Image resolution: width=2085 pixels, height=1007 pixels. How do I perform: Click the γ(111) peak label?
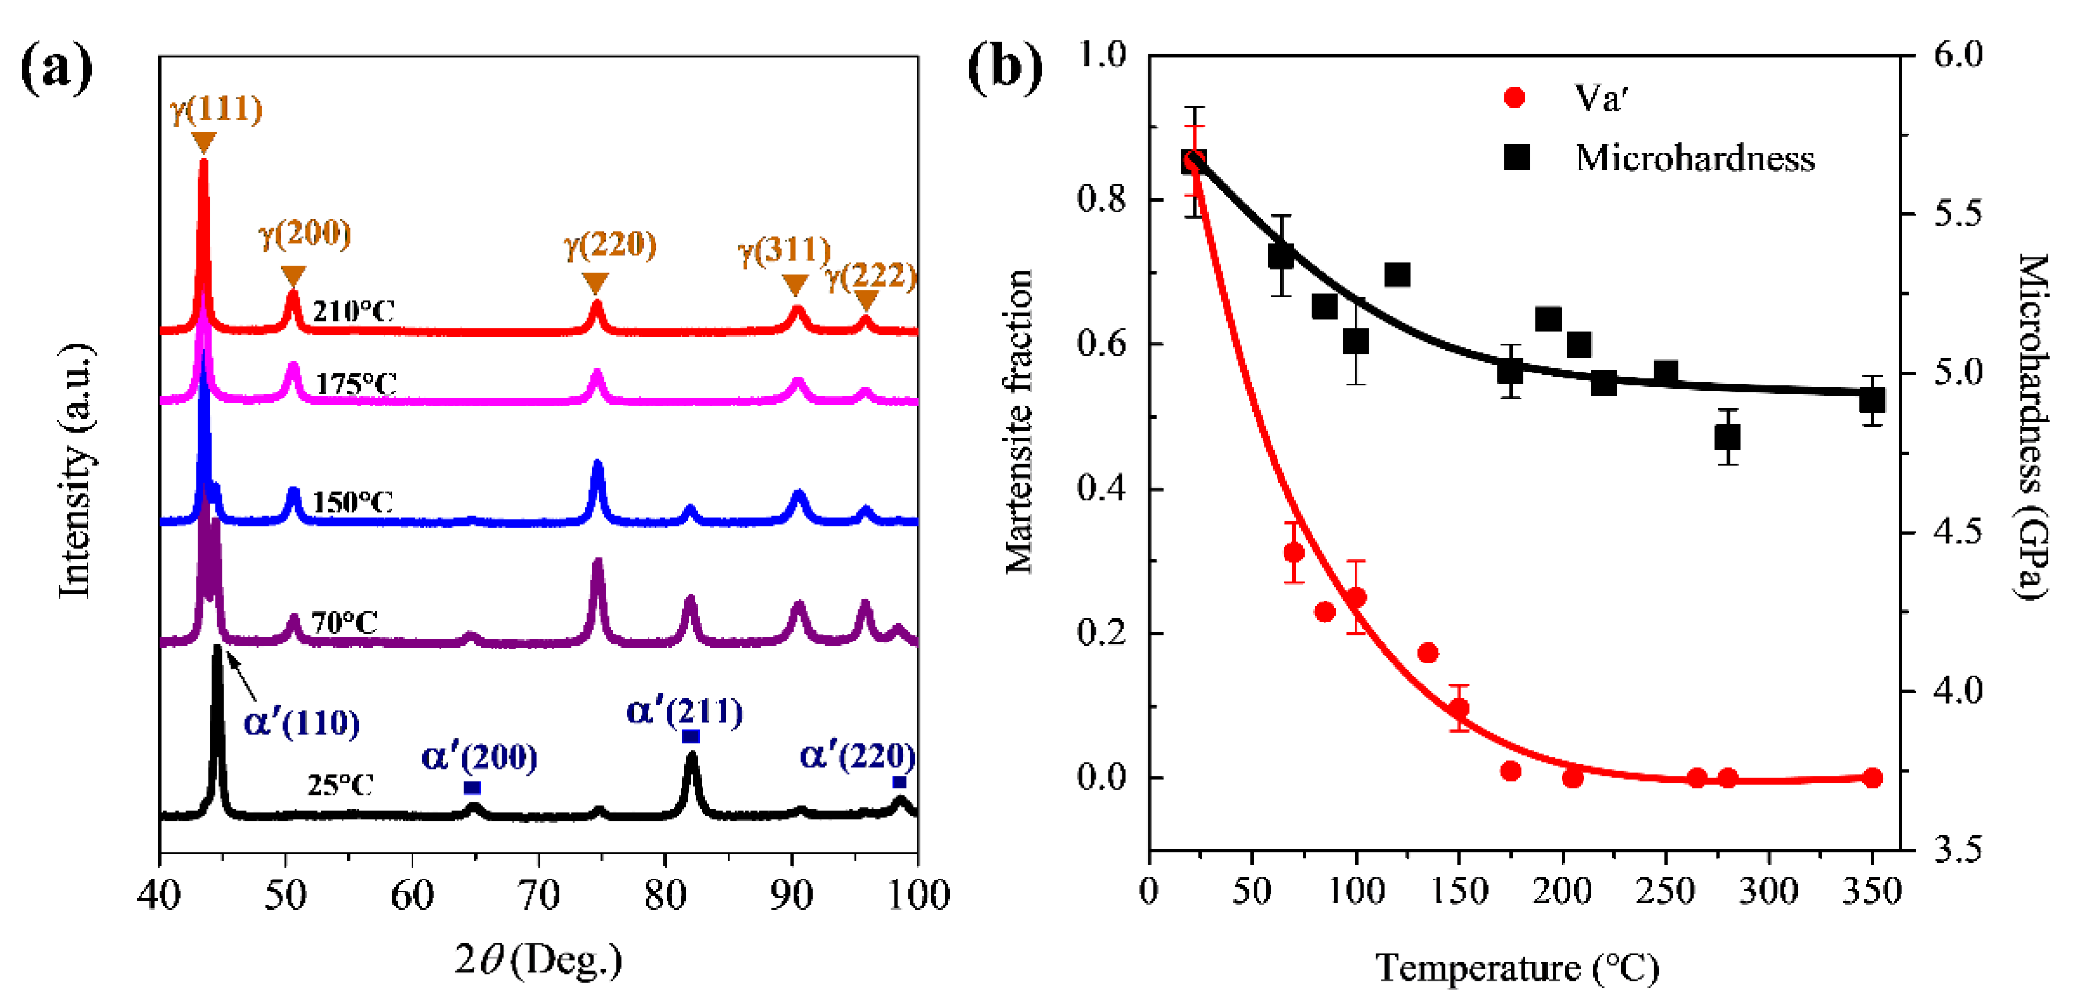[216, 109]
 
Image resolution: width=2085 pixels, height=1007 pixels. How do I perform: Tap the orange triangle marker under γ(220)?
[596, 283]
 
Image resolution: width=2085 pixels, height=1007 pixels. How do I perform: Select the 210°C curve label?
[354, 311]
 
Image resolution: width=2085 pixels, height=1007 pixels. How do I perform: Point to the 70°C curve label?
[345, 623]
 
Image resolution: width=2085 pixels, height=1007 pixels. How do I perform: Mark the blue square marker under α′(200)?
[472, 788]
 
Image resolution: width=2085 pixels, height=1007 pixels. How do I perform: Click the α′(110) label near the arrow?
[301, 722]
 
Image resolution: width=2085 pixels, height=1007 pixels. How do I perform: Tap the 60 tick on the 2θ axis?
[412, 895]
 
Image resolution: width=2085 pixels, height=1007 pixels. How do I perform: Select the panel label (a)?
[56, 68]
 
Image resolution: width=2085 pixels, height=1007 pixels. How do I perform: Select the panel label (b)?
[1004, 68]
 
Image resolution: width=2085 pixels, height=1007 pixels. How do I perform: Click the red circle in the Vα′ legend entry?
[1514, 98]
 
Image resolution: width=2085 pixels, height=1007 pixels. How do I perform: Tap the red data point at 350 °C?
[1871, 778]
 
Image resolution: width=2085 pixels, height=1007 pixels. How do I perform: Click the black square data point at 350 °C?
[1871, 401]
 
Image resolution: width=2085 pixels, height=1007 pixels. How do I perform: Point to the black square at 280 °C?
[1728, 437]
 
